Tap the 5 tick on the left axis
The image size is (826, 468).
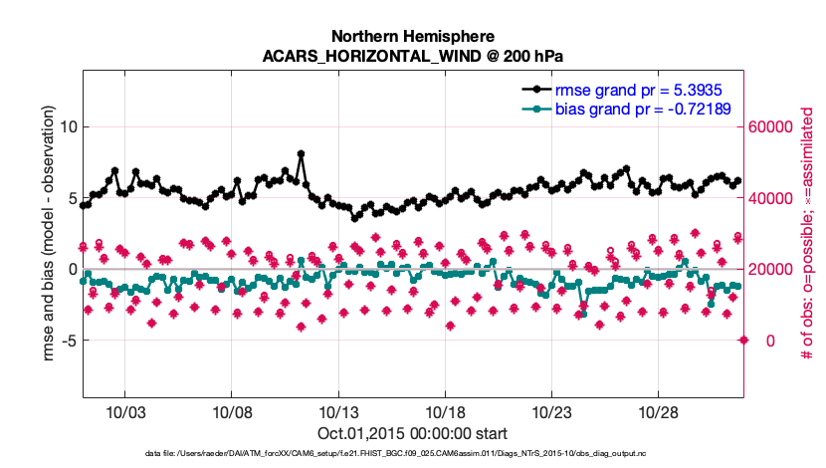pos(68,198)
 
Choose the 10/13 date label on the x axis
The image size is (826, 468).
pos(338,412)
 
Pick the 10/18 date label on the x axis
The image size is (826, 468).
pos(445,412)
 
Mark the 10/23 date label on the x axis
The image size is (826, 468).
pos(551,412)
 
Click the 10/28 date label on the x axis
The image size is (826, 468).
pos(659,412)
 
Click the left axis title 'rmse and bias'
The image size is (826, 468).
pos(22,239)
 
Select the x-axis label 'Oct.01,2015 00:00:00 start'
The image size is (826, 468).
pos(412,433)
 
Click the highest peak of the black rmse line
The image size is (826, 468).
pos(301,154)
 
